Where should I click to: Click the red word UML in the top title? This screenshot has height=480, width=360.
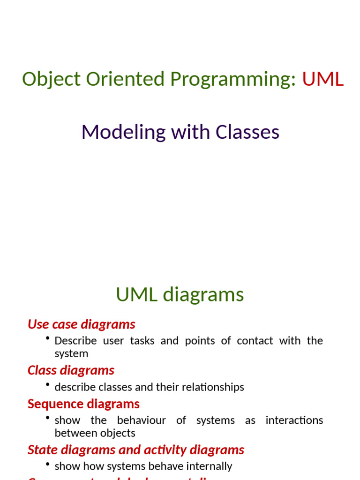click(322, 79)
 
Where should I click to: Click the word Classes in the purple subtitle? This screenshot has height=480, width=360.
click(247, 132)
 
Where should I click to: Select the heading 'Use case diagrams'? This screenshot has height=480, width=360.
click(81, 324)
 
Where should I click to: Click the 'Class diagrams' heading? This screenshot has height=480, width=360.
click(71, 370)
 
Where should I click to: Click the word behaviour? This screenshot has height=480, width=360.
click(141, 420)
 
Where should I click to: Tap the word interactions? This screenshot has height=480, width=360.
click(294, 420)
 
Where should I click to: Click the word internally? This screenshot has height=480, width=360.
click(210, 466)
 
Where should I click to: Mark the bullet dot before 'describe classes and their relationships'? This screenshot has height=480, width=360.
click(48, 385)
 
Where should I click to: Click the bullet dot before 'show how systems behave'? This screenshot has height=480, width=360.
click(48, 464)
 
